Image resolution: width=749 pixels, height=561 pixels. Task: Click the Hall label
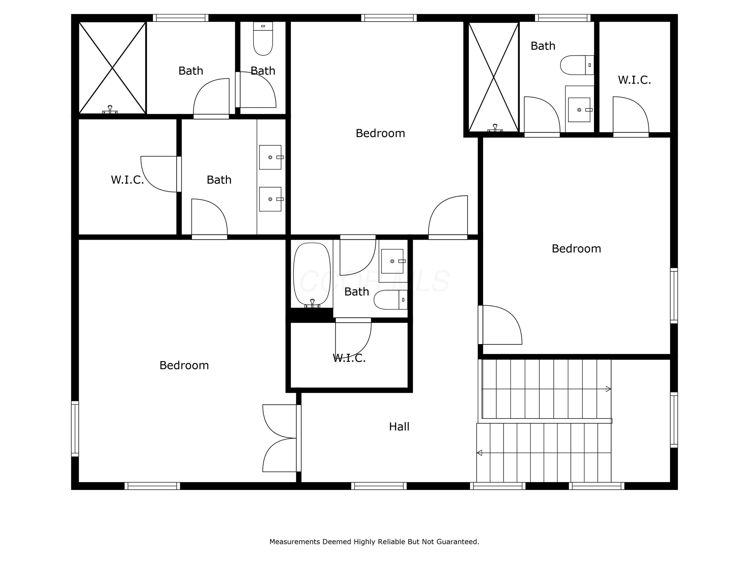point(399,427)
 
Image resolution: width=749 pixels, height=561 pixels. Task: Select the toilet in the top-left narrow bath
point(263,39)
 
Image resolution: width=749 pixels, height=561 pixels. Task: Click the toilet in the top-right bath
point(577,65)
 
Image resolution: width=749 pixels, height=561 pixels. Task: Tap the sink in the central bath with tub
point(392,261)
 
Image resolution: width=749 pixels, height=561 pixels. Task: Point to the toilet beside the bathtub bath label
point(391,300)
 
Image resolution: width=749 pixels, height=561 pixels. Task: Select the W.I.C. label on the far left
point(127,180)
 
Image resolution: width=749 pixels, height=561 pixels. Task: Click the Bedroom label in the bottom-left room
point(184,365)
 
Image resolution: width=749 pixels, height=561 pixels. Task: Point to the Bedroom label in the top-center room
point(380,133)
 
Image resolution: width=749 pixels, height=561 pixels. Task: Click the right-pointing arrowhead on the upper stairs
point(608,389)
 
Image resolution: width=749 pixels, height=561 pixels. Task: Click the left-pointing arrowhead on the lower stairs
point(479,453)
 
